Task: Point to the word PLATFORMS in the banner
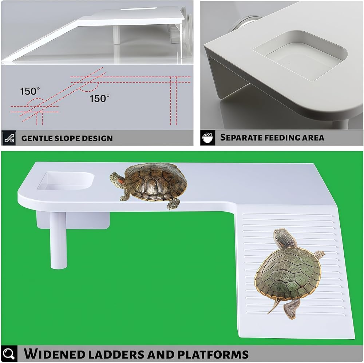point(213,354)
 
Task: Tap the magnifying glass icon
point(9,354)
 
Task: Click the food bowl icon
point(207,138)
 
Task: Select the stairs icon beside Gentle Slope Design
point(9,138)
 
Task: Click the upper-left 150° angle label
point(30,91)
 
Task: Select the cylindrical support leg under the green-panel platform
point(59,240)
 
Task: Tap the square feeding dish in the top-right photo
point(300,56)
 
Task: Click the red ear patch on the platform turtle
point(120,180)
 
